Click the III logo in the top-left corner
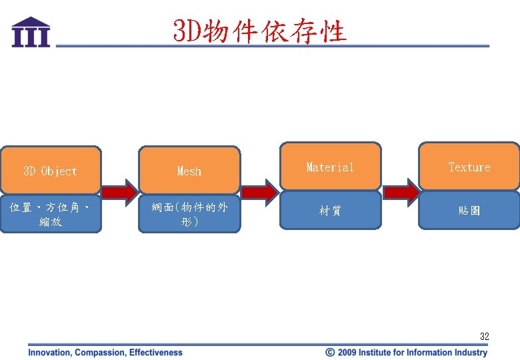(31, 32)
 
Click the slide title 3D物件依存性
(259, 31)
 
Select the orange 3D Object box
(51, 171)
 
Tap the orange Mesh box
(189, 171)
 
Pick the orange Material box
(330, 167)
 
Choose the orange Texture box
(469, 167)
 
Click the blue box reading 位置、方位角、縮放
(51, 214)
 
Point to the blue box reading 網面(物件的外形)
(189, 214)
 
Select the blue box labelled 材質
(330, 211)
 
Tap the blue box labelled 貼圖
(469, 211)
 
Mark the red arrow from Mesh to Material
(259, 193)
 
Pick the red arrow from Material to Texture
(400, 193)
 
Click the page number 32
(484, 337)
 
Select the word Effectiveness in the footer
(156, 352)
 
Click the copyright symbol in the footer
(329, 352)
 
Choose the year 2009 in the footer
(347, 352)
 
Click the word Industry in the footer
(471, 352)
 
